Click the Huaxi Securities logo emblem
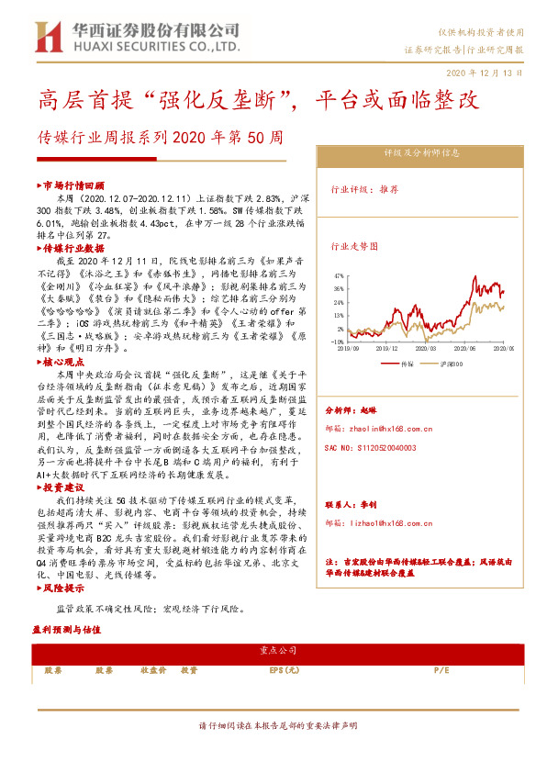(x=47, y=37)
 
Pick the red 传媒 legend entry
(x=405, y=364)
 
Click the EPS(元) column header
(x=285, y=670)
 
